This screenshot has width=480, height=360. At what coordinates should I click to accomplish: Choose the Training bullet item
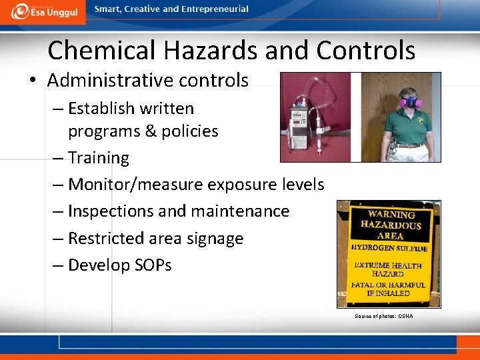(x=98, y=158)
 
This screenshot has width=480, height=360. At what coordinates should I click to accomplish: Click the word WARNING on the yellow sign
(x=392, y=215)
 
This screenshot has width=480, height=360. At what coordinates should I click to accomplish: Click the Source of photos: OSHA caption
(x=383, y=315)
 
